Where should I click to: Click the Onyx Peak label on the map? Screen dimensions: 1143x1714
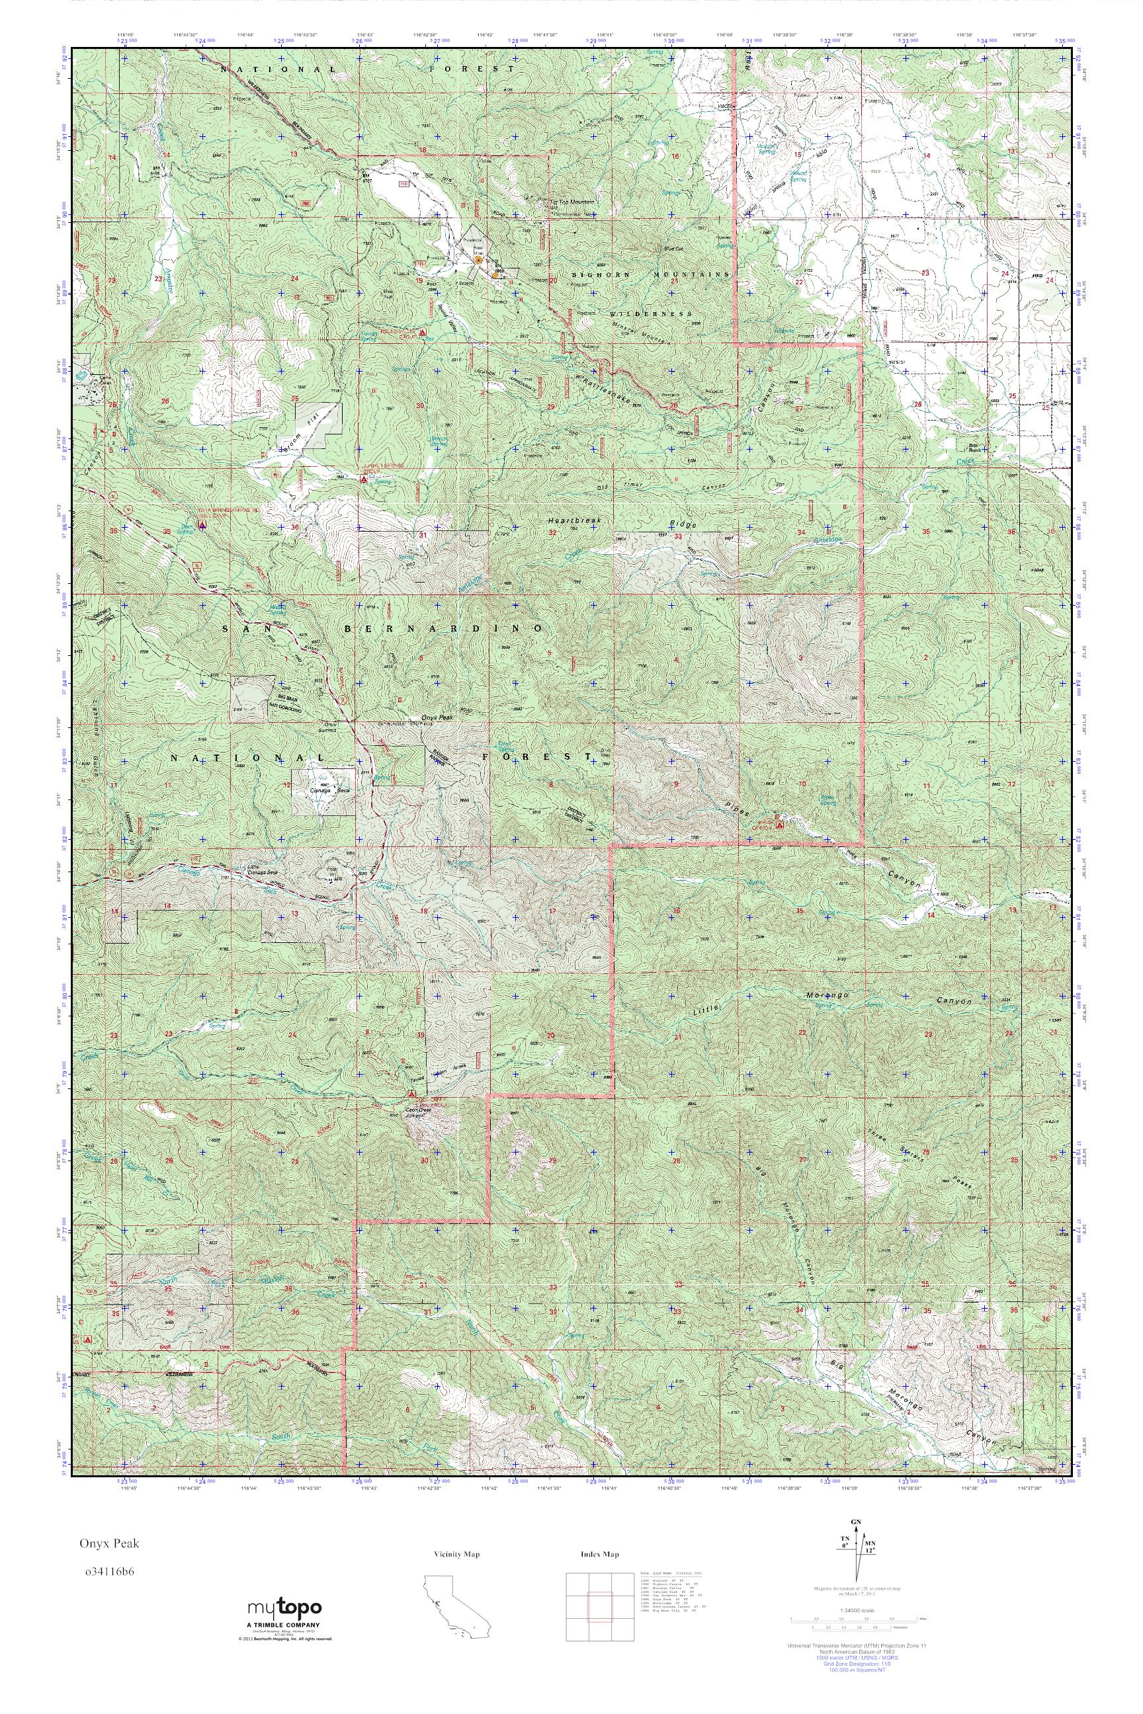(x=438, y=719)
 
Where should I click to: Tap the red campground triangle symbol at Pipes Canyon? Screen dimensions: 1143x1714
(x=779, y=826)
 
